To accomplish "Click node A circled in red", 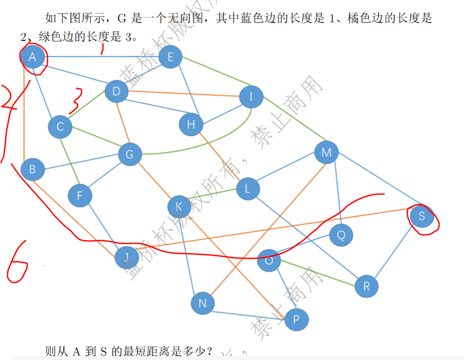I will [33, 57].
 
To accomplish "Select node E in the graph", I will [170, 57].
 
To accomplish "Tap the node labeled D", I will [117, 91].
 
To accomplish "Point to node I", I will [252, 97].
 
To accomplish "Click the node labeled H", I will [191, 124].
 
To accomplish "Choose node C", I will [60, 127].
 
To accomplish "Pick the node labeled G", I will [129, 154].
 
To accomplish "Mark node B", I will [33, 169].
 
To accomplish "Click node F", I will [80, 195].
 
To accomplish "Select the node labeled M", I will [327, 152].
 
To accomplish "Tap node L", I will [248, 189].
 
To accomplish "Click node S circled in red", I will [422, 216].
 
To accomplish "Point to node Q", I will [341, 235].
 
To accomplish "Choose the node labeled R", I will [366, 287].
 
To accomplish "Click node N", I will [203, 303].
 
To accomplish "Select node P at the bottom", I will [296, 320].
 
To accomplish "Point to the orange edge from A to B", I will [24, 118].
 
